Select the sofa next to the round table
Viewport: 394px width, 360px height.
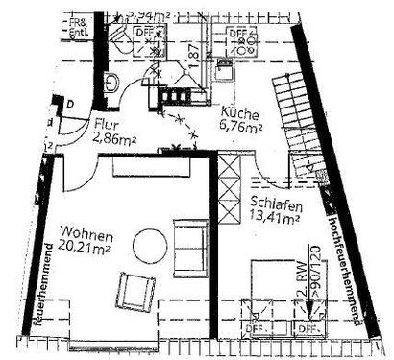point(188,236)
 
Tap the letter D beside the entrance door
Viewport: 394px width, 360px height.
point(70,104)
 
